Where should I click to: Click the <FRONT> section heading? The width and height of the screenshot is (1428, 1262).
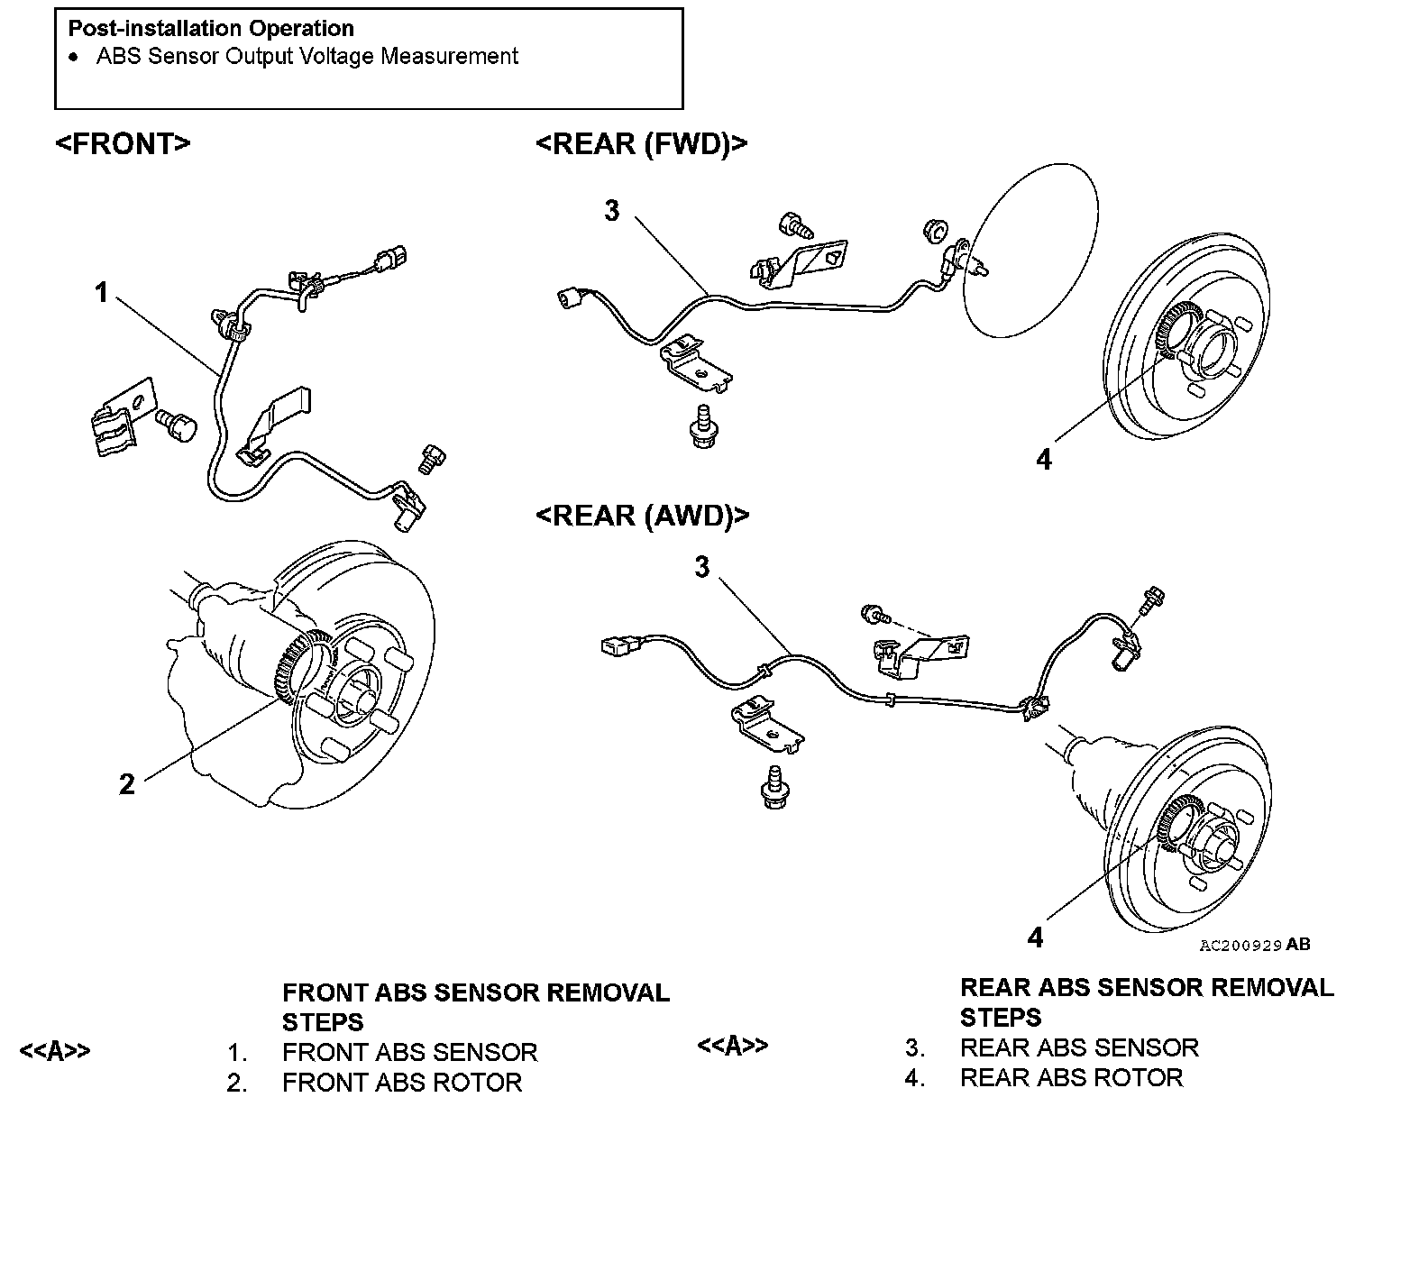click(x=123, y=144)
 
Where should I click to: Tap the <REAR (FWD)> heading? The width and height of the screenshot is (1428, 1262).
click(x=641, y=144)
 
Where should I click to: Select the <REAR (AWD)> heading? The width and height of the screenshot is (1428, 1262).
click(x=642, y=516)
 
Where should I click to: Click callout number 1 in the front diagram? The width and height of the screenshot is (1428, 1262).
click(x=102, y=292)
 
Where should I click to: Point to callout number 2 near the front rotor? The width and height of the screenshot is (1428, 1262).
click(x=127, y=784)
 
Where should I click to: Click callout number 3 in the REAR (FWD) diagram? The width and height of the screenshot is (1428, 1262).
click(x=612, y=211)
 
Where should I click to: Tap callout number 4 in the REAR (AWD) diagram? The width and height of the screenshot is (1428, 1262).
click(x=1035, y=938)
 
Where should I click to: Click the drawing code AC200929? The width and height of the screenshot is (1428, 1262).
click(x=1240, y=946)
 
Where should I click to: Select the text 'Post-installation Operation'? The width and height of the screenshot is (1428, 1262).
click(x=211, y=28)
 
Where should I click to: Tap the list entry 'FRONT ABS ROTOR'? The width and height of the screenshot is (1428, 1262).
click(x=401, y=1083)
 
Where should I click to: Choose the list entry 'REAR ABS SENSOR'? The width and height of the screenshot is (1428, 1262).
click(x=1079, y=1047)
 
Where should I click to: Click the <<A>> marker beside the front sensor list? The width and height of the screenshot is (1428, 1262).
click(x=55, y=1051)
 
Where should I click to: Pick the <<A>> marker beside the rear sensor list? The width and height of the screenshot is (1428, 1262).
click(x=732, y=1046)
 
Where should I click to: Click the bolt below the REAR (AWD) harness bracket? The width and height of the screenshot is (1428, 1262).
click(x=773, y=787)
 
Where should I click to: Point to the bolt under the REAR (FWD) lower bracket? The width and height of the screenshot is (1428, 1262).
click(x=702, y=425)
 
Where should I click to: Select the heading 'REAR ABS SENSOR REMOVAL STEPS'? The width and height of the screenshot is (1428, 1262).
click(x=1146, y=1002)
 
